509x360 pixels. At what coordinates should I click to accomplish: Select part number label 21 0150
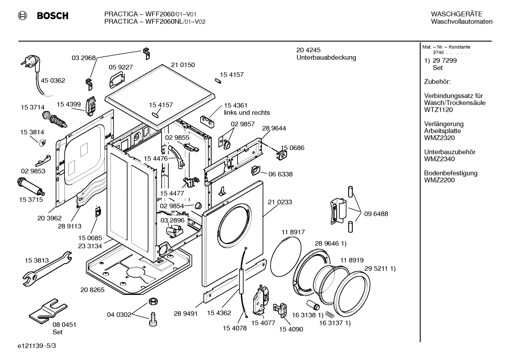183,65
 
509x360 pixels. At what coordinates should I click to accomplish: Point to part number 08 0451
64,325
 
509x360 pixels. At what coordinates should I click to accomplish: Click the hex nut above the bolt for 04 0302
152,301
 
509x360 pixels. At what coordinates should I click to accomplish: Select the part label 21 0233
280,202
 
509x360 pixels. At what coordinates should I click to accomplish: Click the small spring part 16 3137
329,313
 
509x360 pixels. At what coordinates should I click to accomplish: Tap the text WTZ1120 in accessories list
438,110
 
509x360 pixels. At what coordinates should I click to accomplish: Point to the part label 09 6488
376,214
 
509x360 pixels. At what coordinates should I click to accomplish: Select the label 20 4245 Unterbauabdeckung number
308,50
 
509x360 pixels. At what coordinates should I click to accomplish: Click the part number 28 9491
186,313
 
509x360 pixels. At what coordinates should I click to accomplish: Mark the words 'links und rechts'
247,113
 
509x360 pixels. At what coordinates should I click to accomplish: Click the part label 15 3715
31,200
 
